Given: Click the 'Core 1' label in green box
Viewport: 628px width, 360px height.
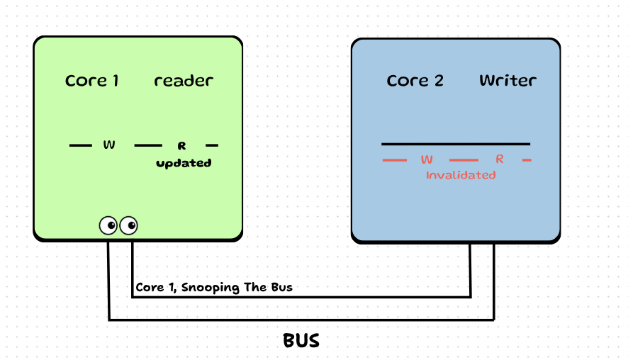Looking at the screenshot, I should tap(91, 81).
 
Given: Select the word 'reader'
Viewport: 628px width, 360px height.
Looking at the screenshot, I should tap(183, 81).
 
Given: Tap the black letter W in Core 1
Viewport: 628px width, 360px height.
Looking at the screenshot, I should tap(109, 145).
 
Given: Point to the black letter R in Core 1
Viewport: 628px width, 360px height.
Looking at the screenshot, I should tap(181, 146).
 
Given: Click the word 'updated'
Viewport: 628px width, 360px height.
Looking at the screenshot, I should tap(184, 163).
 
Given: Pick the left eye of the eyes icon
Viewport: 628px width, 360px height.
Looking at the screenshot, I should tap(108, 225).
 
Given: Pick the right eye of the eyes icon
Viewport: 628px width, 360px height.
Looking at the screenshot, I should tap(129, 225).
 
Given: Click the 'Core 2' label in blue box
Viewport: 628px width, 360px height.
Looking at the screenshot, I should tap(415, 81).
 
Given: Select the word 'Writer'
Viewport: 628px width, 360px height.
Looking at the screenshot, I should tap(508, 81).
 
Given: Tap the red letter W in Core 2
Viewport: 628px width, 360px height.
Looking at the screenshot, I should tap(427, 159).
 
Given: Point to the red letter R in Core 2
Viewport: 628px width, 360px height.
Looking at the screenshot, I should tap(500, 159).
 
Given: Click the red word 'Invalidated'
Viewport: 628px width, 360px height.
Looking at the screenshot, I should tap(461, 174).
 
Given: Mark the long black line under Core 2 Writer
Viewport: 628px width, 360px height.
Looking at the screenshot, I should tap(456, 144).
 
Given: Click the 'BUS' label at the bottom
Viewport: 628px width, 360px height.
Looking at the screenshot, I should tap(301, 341).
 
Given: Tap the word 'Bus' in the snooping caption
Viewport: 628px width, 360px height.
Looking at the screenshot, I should tap(281, 288).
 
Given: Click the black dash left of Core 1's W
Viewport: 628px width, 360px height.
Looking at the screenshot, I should tap(81, 146).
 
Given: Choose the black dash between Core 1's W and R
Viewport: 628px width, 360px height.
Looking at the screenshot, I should tap(148, 146).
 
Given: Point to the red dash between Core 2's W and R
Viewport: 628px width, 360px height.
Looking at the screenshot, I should tap(464, 160).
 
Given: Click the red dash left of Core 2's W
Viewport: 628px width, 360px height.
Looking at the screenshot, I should tap(394, 160).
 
